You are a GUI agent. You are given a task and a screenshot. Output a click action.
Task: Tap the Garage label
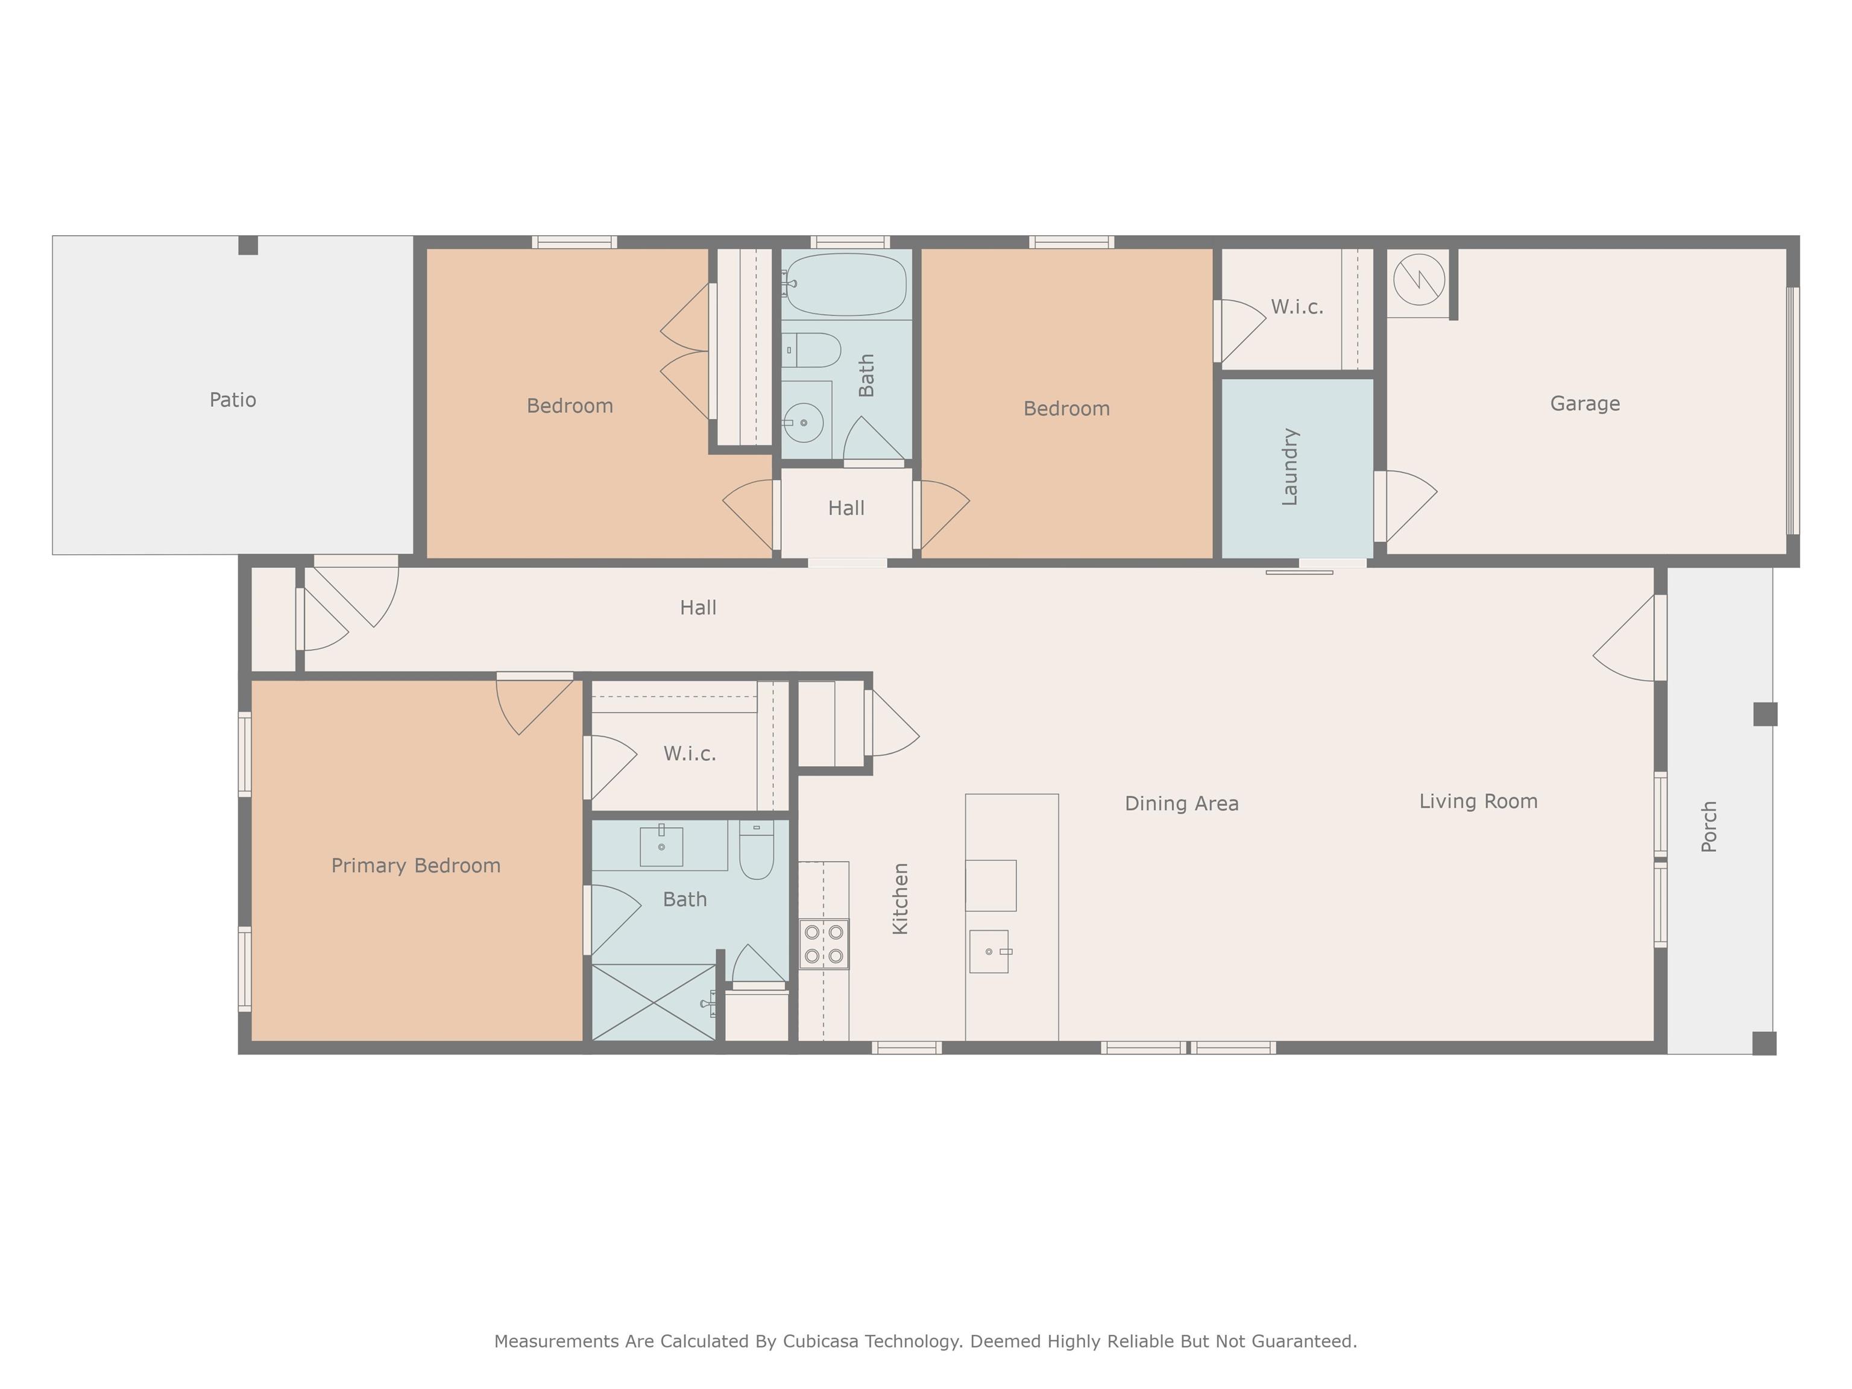coord(1585,403)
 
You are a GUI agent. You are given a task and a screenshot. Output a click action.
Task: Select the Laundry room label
coord(1290,467)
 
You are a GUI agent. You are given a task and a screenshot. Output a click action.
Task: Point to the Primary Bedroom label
coord(416,866)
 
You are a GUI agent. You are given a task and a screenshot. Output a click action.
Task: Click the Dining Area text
coord(1182,804)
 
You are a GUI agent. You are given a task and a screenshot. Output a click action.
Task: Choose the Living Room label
coord(1479,801)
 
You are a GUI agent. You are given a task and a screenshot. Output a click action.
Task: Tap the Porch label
coord(1709,827)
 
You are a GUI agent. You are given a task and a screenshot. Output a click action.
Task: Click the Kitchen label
coord(900,898)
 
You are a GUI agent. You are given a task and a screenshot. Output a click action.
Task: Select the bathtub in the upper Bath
coord(846,284)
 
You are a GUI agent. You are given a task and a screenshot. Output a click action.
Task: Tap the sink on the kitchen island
coord(990,952)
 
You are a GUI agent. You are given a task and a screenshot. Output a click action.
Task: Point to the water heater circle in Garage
coord(1419,280)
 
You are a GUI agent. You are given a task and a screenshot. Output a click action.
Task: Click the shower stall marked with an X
coord(654,1002)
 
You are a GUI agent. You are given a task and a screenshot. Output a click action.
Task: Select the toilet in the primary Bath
coord(757,850)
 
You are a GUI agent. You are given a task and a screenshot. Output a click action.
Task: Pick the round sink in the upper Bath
coord(804,423)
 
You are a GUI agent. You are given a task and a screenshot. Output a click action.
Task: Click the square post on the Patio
coord(248,245)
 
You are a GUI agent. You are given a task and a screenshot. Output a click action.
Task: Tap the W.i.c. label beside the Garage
coord(1297,307)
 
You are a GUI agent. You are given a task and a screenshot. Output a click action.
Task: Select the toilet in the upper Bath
coord(812,350)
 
